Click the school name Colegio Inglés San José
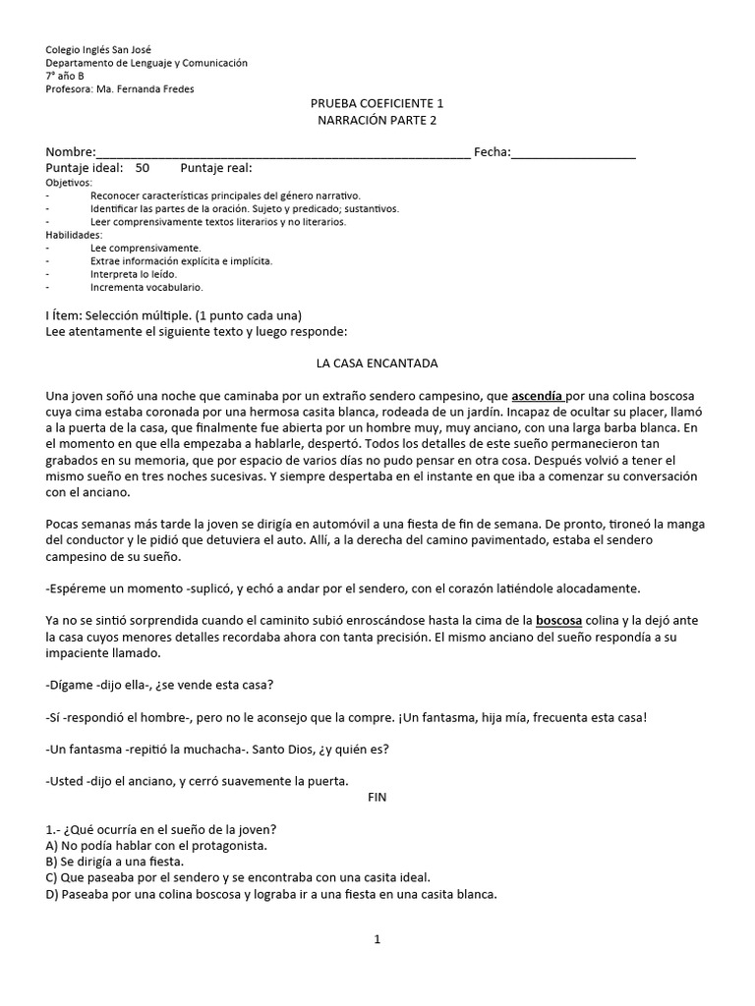(x=98, y=50)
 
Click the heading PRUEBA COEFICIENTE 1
(x=377, y=104)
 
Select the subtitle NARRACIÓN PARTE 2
(x=377, y=121)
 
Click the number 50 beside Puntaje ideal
(x=143, y=169)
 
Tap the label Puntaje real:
(x=216, y=169)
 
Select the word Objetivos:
(x=69, y=183)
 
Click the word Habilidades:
(x=74, y=235)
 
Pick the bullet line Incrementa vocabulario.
(x=146, y=288)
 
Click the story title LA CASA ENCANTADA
(x=377, y=363)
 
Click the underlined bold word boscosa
(x=559, y=621)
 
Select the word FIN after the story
(x=377, y=798)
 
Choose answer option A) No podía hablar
(x=156, y=845)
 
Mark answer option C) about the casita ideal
(x=238, y=877)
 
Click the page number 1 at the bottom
(x=377, y=939)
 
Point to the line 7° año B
(x=66, y=76)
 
